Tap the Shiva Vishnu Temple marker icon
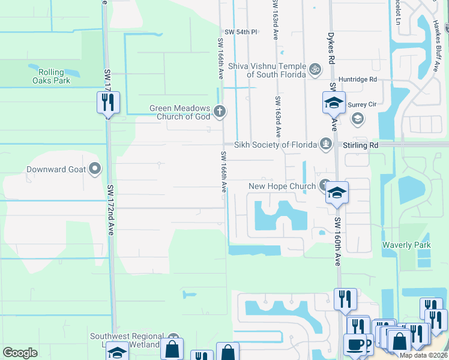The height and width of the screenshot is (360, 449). [315, 70]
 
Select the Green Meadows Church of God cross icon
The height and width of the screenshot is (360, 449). [220, 110]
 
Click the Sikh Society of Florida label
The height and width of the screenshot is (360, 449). [275, 145]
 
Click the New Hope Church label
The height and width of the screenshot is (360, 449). [282, 187]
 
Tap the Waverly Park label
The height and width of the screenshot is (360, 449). [406, 245]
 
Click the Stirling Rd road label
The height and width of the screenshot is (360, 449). [360, 145]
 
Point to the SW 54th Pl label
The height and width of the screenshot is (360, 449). [240, 32]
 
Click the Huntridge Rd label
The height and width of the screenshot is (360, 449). [357, 79]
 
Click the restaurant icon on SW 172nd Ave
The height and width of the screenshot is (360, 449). [109, 102]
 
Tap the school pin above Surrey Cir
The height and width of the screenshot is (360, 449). [334, 102]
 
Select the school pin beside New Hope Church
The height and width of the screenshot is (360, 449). [337, 193]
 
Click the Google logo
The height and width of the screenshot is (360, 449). [20, 353]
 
